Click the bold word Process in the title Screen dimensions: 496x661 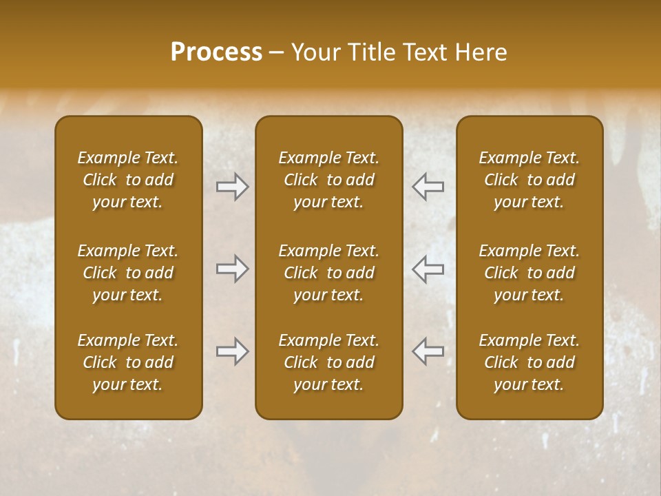point(216,52)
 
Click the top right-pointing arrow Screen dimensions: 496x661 point(232,187)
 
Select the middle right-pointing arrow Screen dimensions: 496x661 point(232,269)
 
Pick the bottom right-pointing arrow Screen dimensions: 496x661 point(232,351)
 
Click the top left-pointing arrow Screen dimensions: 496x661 point(428,187)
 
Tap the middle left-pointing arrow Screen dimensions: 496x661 point(428,269)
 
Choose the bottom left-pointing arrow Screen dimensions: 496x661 point(428,351)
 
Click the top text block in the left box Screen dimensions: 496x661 point(128,180)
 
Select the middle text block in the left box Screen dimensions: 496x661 point(128,273)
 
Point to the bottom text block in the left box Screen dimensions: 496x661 point(128,362)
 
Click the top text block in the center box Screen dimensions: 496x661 point(328,180)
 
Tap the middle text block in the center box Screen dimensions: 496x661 point(328,273)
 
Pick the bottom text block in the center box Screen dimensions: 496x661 point(328,362)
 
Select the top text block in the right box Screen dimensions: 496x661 point(529,180)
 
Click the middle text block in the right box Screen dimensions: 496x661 point(529,273)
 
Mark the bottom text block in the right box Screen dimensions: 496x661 point(529,362)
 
